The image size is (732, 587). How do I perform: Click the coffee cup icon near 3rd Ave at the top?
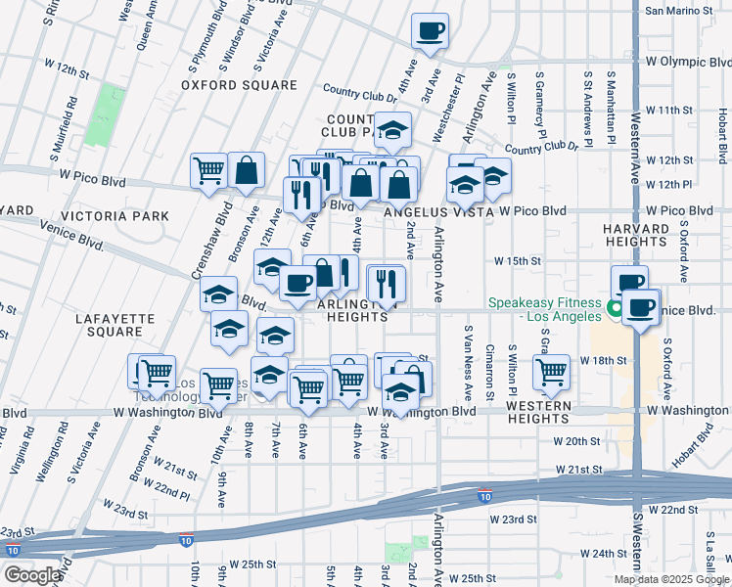click(430, 31)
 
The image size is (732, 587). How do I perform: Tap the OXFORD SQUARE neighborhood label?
click(239, 85)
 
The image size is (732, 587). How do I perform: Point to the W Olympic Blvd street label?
click(688, 61)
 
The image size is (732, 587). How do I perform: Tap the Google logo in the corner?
click(32, 574)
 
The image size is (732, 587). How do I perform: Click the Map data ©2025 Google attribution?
click(671, 579)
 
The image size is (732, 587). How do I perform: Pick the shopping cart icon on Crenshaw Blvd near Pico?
click(209, 171)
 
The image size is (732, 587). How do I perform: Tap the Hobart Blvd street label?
click(693, 451)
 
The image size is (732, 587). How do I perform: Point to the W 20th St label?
click(575, 441)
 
